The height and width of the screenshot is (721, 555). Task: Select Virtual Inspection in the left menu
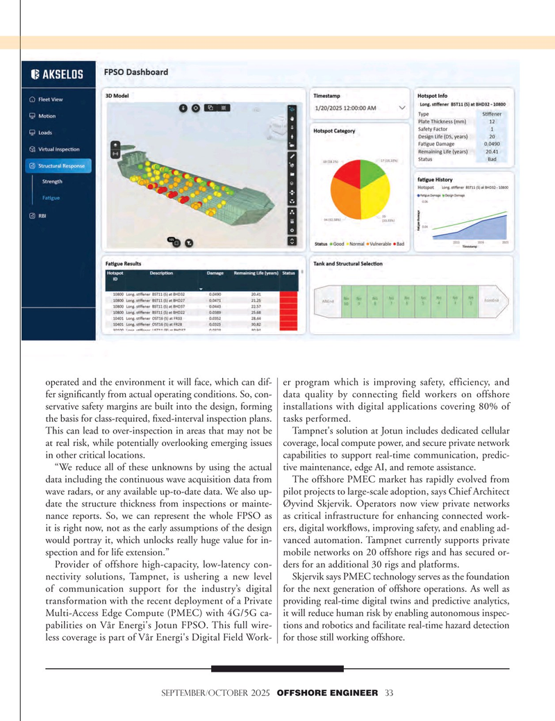click(58, 149)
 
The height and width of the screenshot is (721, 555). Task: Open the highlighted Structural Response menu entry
click(62, 165)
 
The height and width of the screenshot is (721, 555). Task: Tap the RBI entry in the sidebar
click(42, 215)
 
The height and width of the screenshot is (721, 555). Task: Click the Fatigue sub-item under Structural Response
click(50, 198)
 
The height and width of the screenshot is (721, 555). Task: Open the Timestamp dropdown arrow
click(402, 108)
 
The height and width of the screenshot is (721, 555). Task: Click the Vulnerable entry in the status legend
click(376, 244)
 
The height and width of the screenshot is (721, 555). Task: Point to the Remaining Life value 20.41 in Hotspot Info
click(490, 151)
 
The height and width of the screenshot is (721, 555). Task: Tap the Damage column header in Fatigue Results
click(215, 273)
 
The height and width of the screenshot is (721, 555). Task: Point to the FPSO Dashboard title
click(135, 72)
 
